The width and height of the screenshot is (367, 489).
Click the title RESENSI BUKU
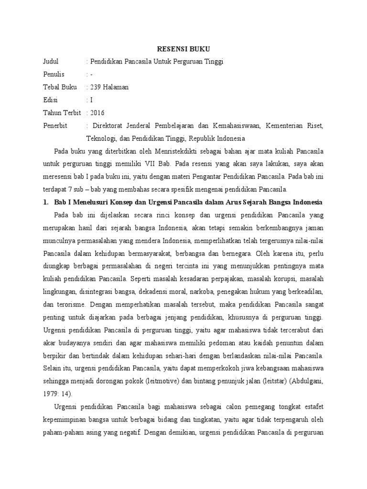184,49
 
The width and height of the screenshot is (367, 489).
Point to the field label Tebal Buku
58,87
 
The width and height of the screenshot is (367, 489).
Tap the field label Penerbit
55,126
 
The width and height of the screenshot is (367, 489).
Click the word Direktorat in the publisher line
109,126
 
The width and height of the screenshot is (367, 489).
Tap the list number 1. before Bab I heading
46,202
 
